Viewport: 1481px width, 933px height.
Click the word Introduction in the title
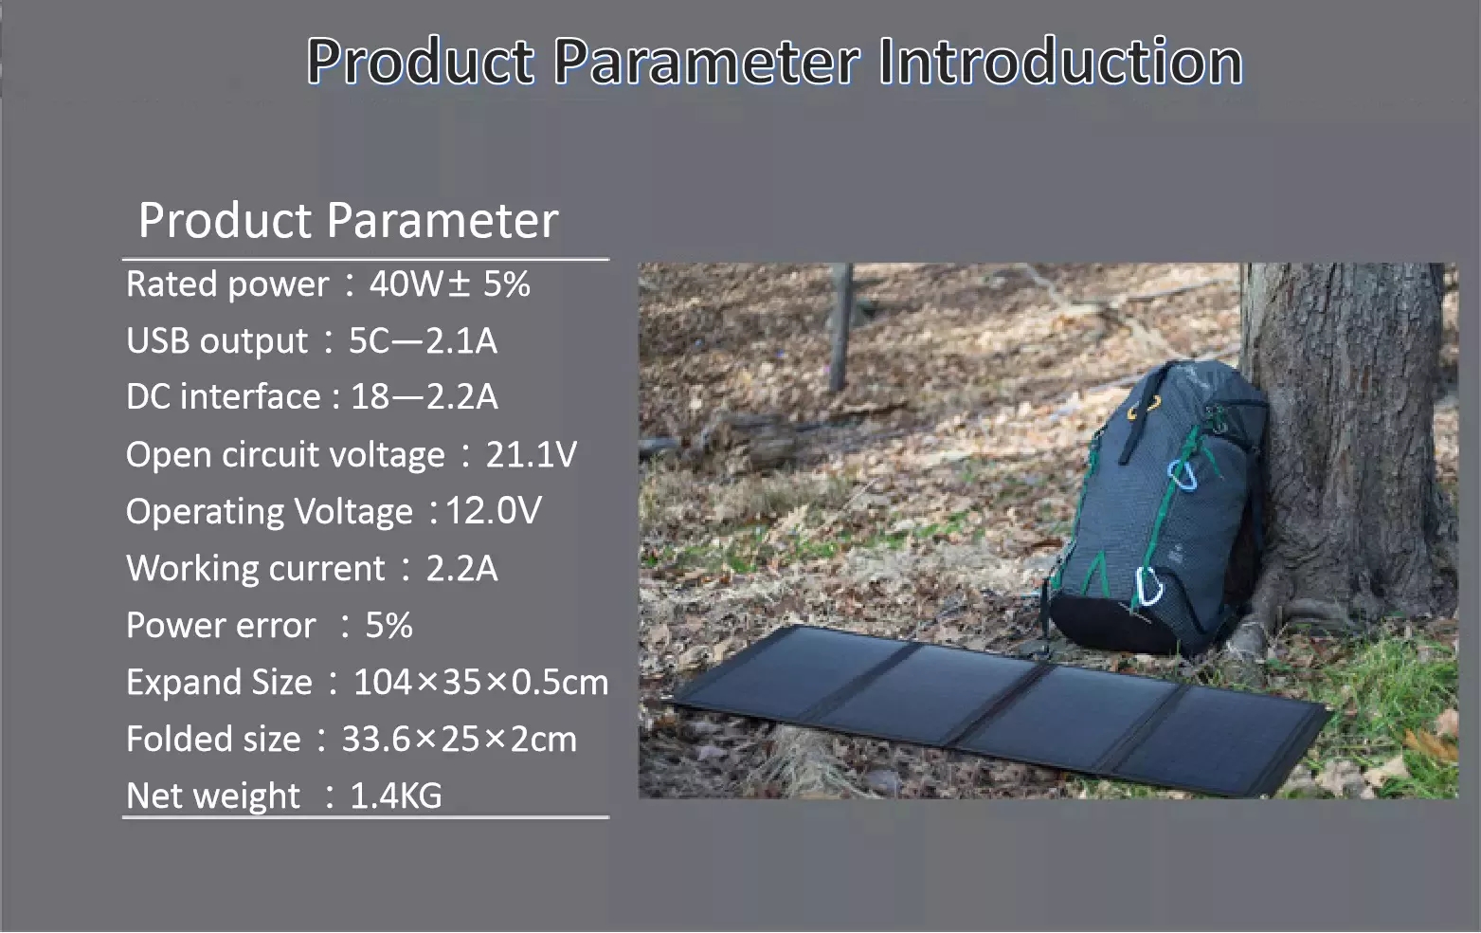pyautogui.click(x=1059, y=62)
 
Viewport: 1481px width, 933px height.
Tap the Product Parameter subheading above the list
pyautogui.click(x=348, y=220)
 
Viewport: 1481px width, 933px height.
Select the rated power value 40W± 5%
pyautogui.click(x=449, y=284)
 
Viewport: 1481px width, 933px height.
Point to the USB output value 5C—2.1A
pyautogui.click(x=423, y=341)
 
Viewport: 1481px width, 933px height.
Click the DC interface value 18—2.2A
pyautogui.click(x=424, y=397)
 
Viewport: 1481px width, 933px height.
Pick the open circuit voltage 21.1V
pyautogui.click(x=531, y=455)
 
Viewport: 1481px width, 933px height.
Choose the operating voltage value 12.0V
pyautogui.click(x=493, y=511)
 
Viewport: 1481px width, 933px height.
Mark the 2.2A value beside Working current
pyautogui.click(x=461, y=569)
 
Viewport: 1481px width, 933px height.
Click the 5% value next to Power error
pyautogui.click(x=388, y=626)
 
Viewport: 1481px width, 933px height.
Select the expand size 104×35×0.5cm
pyautogui.click(x=480, y=683)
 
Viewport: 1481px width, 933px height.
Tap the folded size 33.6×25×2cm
pyautogui.click(x=459, y=740)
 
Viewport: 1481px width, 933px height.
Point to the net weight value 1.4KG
pyautogui.click(x=395, y=796)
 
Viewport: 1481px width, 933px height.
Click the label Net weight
pyautogui.click(x=213, y=796)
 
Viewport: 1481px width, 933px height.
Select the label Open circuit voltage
pyautogui.click(x=285, y=455)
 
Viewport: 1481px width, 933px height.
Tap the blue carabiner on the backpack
pyautogui.click(x=1180, y=475)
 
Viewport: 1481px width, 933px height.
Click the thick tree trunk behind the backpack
pyautogui.click(x=1355, y=427)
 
